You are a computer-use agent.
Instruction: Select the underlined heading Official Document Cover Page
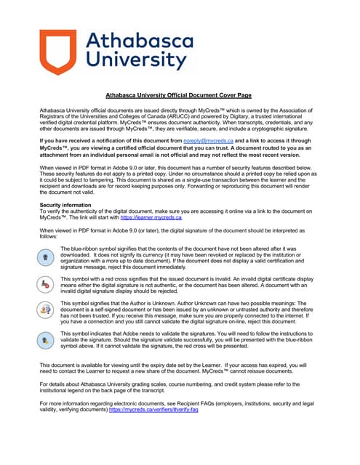click(x=180, y=94)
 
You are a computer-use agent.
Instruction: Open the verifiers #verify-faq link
click(x=153, y=430)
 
